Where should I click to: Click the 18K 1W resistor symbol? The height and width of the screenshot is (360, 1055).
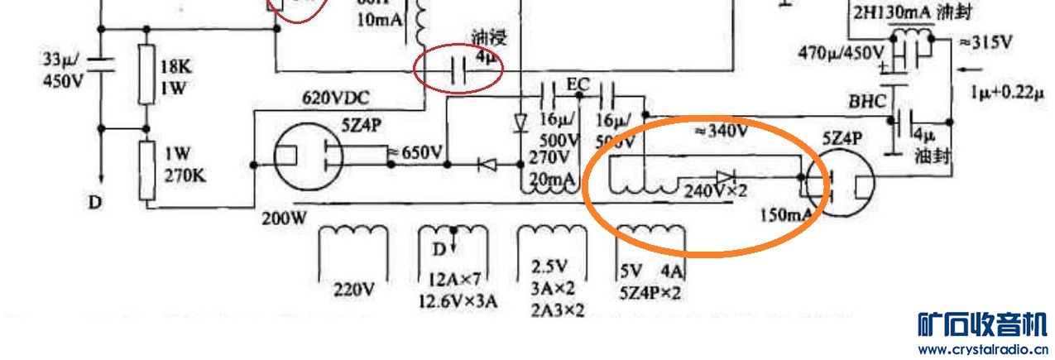(x=146, y=74)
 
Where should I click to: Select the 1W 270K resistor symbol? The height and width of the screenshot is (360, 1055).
(x=146, y=170)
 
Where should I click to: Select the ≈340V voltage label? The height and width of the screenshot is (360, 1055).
(x=720, y=131)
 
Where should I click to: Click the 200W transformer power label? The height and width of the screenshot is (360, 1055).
(x=285, y=219)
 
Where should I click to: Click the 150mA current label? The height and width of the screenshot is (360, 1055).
(x=787, y=215)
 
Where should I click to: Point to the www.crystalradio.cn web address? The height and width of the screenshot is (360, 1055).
(x=983, y=348)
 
